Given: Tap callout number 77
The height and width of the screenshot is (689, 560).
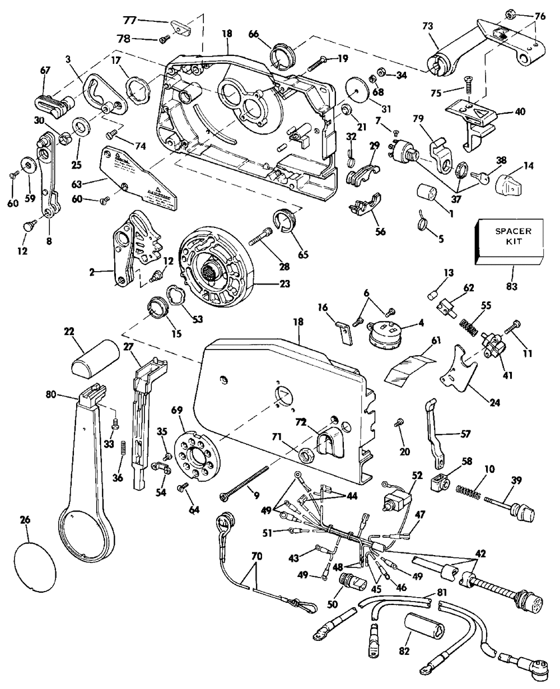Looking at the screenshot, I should click(x=130, y=21).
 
